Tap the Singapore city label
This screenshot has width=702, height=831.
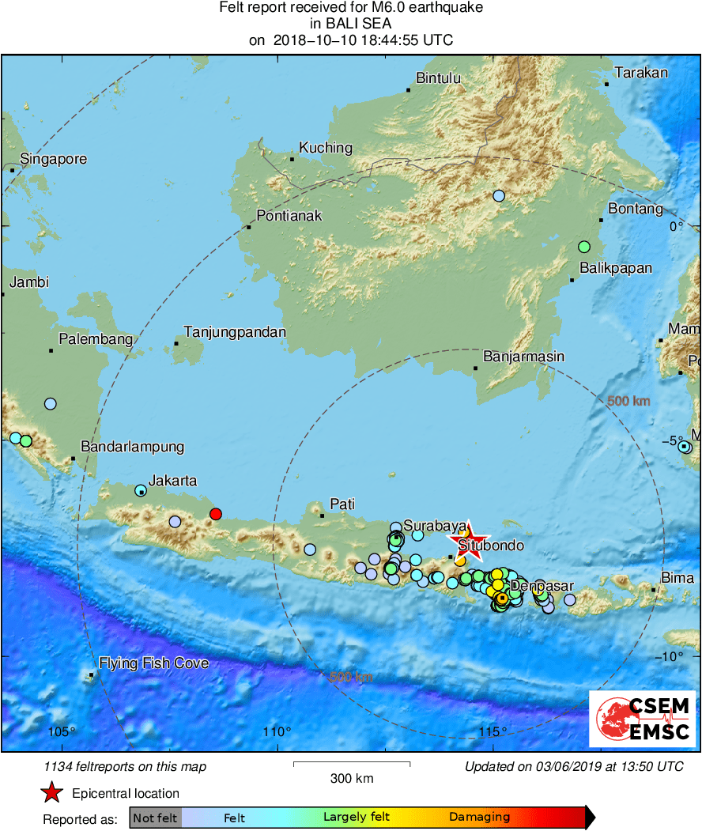tap(53, 159)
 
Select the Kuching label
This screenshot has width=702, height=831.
tap(325, 148)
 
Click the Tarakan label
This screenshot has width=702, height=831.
tap(641, 73)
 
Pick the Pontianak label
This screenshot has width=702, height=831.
tap(289, 216)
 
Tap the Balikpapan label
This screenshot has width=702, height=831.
tap(616, 268)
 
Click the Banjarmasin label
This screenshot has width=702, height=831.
tap(523, 357)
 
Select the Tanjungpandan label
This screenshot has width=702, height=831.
tap(235, 332)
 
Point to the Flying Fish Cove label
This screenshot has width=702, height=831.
tap(153, 663)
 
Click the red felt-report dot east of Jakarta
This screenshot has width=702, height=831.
tap(215, 514)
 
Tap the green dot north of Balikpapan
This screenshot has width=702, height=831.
tap(584, 247)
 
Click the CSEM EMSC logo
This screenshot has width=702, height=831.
tap(642, 719)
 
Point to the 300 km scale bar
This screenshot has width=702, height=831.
tap(352, 764)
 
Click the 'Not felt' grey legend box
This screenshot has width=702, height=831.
tap(155, 818)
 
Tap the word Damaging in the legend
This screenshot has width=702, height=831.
tap(479, 818)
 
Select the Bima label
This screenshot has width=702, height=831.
tap(677, 578)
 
